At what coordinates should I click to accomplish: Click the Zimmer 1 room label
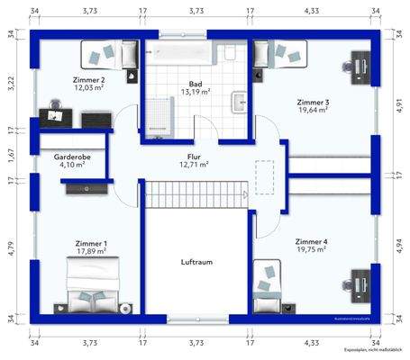[x=91, y=243]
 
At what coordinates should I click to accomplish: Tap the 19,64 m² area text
[x=313, y=111]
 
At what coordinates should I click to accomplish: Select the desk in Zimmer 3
[x=362, y=66]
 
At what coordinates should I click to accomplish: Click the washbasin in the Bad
[x=239, y=102]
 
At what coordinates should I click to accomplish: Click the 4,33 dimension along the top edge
[x=312, y=11]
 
